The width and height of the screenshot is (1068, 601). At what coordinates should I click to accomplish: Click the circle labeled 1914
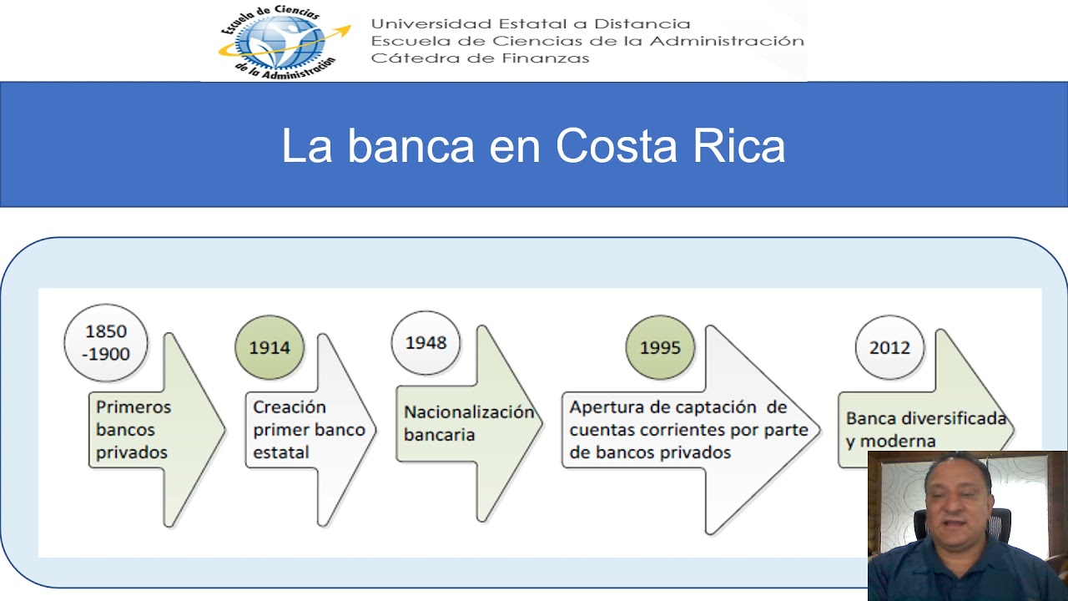[x=270, y=347]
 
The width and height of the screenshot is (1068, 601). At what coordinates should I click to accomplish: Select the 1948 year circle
[x=426, y=342]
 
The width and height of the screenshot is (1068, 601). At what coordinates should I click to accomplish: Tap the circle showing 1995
[x=660, y=347]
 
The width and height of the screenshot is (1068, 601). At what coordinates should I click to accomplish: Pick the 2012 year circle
[x=889, y=347]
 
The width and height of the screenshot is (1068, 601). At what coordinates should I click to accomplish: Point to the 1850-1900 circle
[x=106, y=342]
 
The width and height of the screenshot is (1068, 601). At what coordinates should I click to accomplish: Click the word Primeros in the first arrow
[x=133, y=407]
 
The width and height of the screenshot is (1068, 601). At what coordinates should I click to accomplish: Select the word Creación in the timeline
[x=290, y=407]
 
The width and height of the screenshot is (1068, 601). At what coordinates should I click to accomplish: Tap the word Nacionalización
[x=469, y=412]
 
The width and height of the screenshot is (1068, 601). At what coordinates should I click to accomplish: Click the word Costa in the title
[x=617, y=145]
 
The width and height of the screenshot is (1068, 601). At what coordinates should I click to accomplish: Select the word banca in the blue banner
[x=411, y=145]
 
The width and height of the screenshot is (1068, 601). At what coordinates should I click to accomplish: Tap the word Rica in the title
[x=738, y=145]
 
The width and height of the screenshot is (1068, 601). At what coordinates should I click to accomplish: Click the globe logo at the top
[x=285, y=42]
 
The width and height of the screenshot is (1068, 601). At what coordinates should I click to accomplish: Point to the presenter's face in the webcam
[x=956, y=496]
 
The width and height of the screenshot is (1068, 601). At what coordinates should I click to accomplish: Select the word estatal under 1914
[x=281, y=452]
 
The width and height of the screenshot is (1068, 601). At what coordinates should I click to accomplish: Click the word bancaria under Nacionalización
[x=439, y=435]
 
